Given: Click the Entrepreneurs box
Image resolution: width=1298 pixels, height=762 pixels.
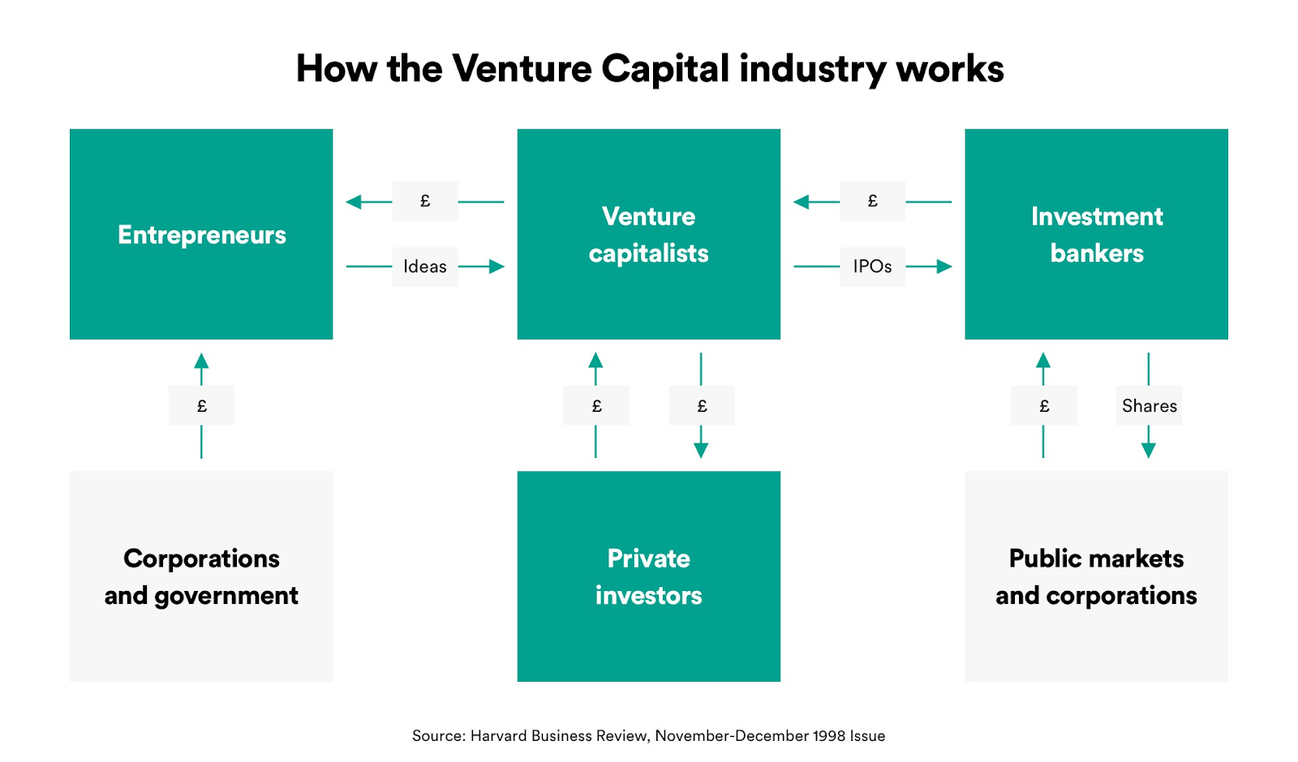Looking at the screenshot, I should pos(201,234).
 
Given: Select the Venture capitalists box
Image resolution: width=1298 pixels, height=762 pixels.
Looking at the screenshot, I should pos(648,234).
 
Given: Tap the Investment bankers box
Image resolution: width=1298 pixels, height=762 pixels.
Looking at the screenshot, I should pos(1096,234).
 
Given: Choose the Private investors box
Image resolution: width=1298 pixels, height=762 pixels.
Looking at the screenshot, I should pos(648,576).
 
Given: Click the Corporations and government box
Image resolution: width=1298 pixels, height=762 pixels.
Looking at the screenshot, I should pos(201,576).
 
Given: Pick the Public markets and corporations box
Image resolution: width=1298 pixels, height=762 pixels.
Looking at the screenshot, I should pos(1096,576).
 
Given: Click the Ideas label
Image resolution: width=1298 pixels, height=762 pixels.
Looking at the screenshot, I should pos(425,267).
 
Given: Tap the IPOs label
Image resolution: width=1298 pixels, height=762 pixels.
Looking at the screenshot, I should pos(872,267).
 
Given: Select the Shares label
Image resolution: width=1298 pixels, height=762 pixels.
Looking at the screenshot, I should pos(1149,405).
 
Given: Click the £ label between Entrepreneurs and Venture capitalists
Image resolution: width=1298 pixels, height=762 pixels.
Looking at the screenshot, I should pos(425,201).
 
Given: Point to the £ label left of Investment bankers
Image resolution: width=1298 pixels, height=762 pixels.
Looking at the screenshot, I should pos(872,201).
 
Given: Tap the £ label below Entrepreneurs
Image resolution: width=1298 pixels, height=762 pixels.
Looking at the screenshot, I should pos(201,405).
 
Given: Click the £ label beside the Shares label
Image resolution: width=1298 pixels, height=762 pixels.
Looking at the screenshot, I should pos(1044,405).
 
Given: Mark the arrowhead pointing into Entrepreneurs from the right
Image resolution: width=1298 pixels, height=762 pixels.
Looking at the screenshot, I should pos(354,202).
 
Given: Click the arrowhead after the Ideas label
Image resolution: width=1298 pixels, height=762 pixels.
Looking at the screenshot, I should pos(496,267).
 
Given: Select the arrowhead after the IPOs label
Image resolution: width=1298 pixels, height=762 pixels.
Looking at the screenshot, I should pos(944,267).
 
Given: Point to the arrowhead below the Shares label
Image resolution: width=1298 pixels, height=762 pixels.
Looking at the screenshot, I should pos(1149,451).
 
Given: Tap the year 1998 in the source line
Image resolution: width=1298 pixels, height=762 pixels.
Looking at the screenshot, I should pos(828,736).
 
